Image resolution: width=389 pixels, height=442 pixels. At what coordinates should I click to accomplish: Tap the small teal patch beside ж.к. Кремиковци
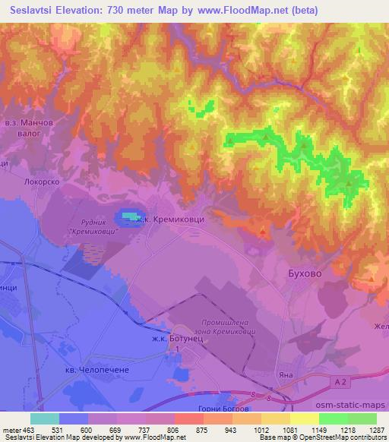[134, 218]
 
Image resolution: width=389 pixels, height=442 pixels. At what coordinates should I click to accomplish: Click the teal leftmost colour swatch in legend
[45, 418]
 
